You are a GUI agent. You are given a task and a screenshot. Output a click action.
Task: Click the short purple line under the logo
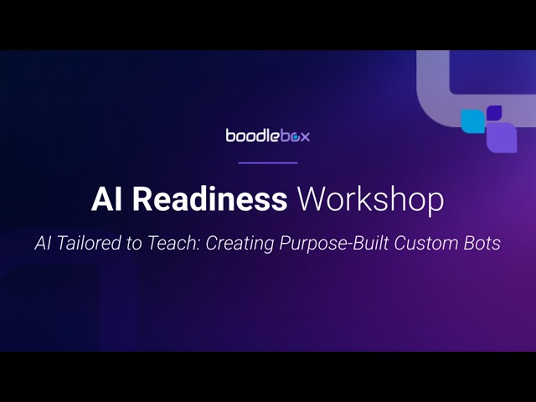(268, 162)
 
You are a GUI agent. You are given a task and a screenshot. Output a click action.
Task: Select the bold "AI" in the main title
(107, 199)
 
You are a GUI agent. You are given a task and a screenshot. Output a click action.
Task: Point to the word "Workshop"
(371, 199)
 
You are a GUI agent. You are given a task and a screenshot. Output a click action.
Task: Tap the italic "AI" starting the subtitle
(44, 244)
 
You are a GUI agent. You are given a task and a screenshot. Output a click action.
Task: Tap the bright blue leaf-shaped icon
(473, 121)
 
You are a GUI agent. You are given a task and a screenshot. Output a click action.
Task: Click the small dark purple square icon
(494, 112)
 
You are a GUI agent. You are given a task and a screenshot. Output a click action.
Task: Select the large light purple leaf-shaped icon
(502, 137)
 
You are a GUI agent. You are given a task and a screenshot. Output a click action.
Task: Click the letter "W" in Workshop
(312, 199)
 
